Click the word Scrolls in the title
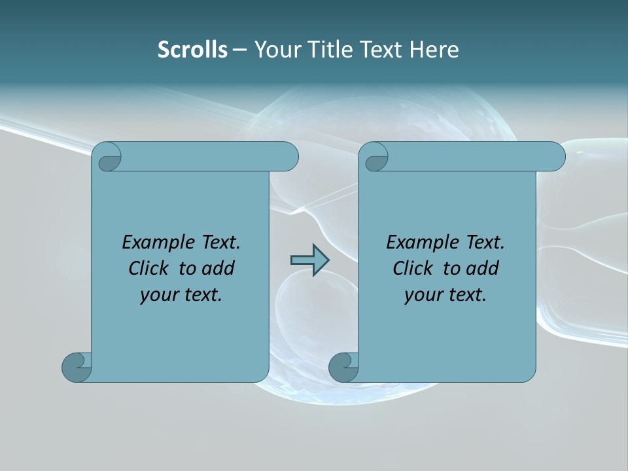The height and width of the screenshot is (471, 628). click(192, 50)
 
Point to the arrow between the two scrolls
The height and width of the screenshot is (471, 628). click(309, 260)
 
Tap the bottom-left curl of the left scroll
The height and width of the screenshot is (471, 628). click(76, 366)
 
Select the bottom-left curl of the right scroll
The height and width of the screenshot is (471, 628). click(343, 366)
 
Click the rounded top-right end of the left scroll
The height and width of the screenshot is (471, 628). click(287, 157)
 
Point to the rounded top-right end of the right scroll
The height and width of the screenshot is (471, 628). click(553, 157)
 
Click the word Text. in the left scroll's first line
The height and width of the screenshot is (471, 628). click(220, 243)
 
